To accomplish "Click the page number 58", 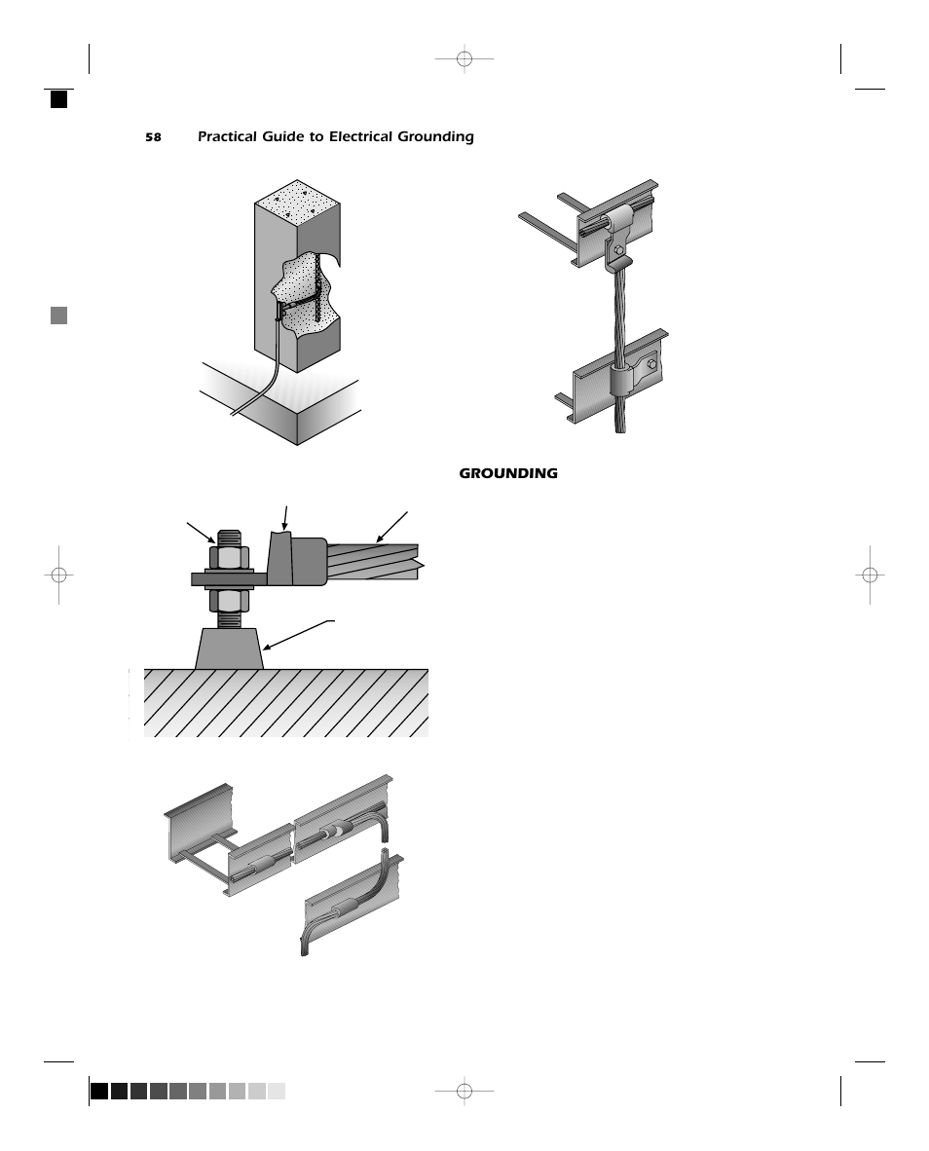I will pyautogui.click(x=153, y=137).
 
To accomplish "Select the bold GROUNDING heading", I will pyautogui.click(x=508, y=474).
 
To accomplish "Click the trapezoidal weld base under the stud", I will pyautogui.click(x=230, y=649).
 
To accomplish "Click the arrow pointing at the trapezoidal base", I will pyautogui.click(x=300, y=634).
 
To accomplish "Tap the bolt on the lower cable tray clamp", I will pyautogui.click(x=651, y=366).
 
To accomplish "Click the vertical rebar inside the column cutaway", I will pyautogui.click(x=318, y=287).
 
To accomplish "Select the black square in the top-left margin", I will pyautogui.click(x=59, y=99).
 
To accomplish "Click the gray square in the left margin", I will pyautogui.click(x=59, y=316).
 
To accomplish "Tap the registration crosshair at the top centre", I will pyautogui.click(x=464, y=59).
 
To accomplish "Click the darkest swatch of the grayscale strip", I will pyautogui.click(x=99, y=1091).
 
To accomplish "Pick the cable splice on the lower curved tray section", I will pyautogui.click(x=345, y=911).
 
